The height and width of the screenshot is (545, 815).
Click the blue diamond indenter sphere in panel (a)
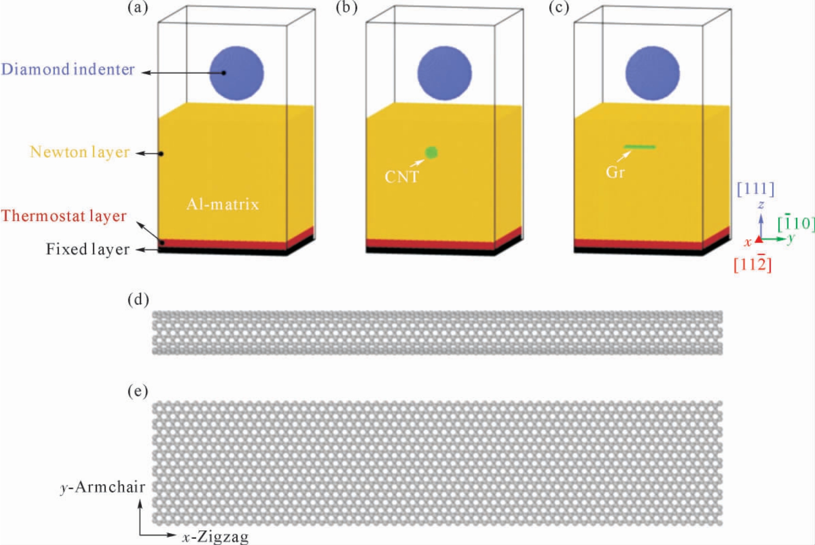pos(236,73)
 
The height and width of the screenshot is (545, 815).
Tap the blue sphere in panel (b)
pos(445,73)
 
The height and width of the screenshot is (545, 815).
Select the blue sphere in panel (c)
pos(653,73)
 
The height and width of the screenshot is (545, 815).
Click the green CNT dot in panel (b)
pos(431,152)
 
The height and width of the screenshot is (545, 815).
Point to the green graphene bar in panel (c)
pos(640,147)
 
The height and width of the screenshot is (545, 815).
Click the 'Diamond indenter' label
pos(68,69)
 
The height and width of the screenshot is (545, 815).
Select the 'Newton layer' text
pos(79,152)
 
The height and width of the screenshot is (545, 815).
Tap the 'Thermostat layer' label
pos(64,216)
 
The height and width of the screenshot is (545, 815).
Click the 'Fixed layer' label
pos(88,249)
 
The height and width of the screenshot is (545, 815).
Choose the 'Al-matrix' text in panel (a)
pos(223,204)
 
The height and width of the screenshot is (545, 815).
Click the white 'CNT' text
pos(402,177)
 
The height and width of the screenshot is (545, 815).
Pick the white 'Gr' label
pos(615,172)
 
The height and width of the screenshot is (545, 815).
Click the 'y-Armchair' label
pos(103,487)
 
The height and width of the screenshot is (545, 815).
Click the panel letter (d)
pos(138,300)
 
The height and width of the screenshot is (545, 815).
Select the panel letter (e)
pos(138,391)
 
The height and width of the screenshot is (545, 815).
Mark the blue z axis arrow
pos(761,226)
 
